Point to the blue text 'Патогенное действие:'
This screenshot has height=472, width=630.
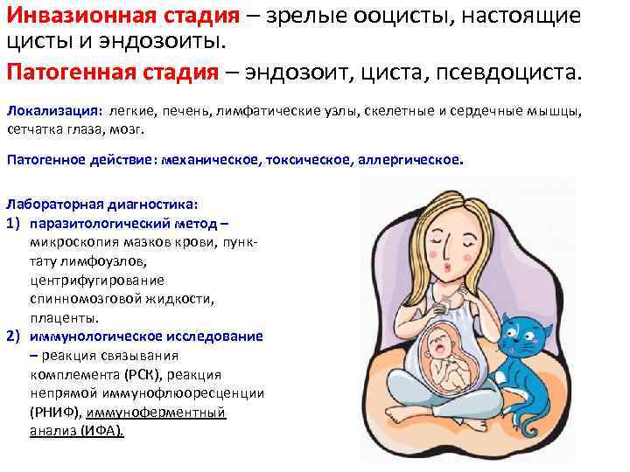click(x=81, y=161)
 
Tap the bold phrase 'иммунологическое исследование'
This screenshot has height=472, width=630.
click(x=146, y=337)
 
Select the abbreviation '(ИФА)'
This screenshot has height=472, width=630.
click(x=103, y=431)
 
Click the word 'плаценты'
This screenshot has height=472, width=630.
click(x=64, y=317)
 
